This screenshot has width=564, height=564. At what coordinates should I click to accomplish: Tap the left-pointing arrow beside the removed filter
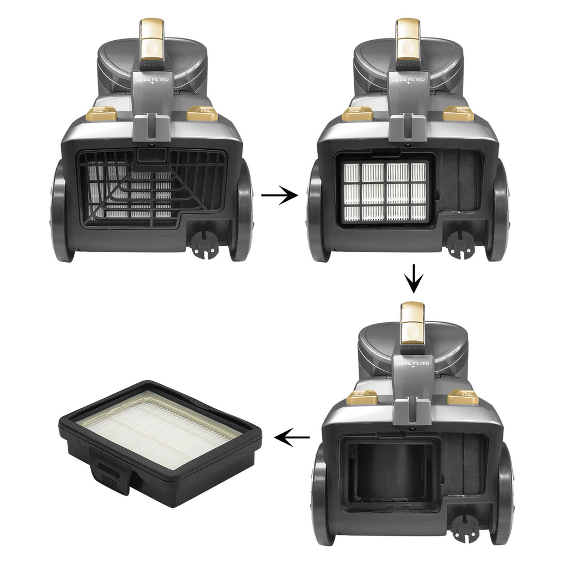pos(292,438)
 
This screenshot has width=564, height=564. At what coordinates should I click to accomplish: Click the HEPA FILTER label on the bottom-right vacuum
pos(412,364)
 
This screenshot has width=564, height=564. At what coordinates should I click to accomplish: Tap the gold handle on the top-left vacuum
pos(152,39)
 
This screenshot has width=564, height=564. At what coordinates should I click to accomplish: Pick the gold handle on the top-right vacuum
pos(408,39)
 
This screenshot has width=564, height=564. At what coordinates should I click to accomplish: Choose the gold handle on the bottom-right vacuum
pos(413,322)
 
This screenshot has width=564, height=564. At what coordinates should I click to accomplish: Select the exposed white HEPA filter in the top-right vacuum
pos(386,191)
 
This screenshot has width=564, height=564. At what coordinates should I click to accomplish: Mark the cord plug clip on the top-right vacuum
pos(460,244)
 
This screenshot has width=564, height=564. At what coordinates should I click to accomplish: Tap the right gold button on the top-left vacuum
pos(202,115)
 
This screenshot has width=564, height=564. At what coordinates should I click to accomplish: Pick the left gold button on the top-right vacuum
pos(358,115)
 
